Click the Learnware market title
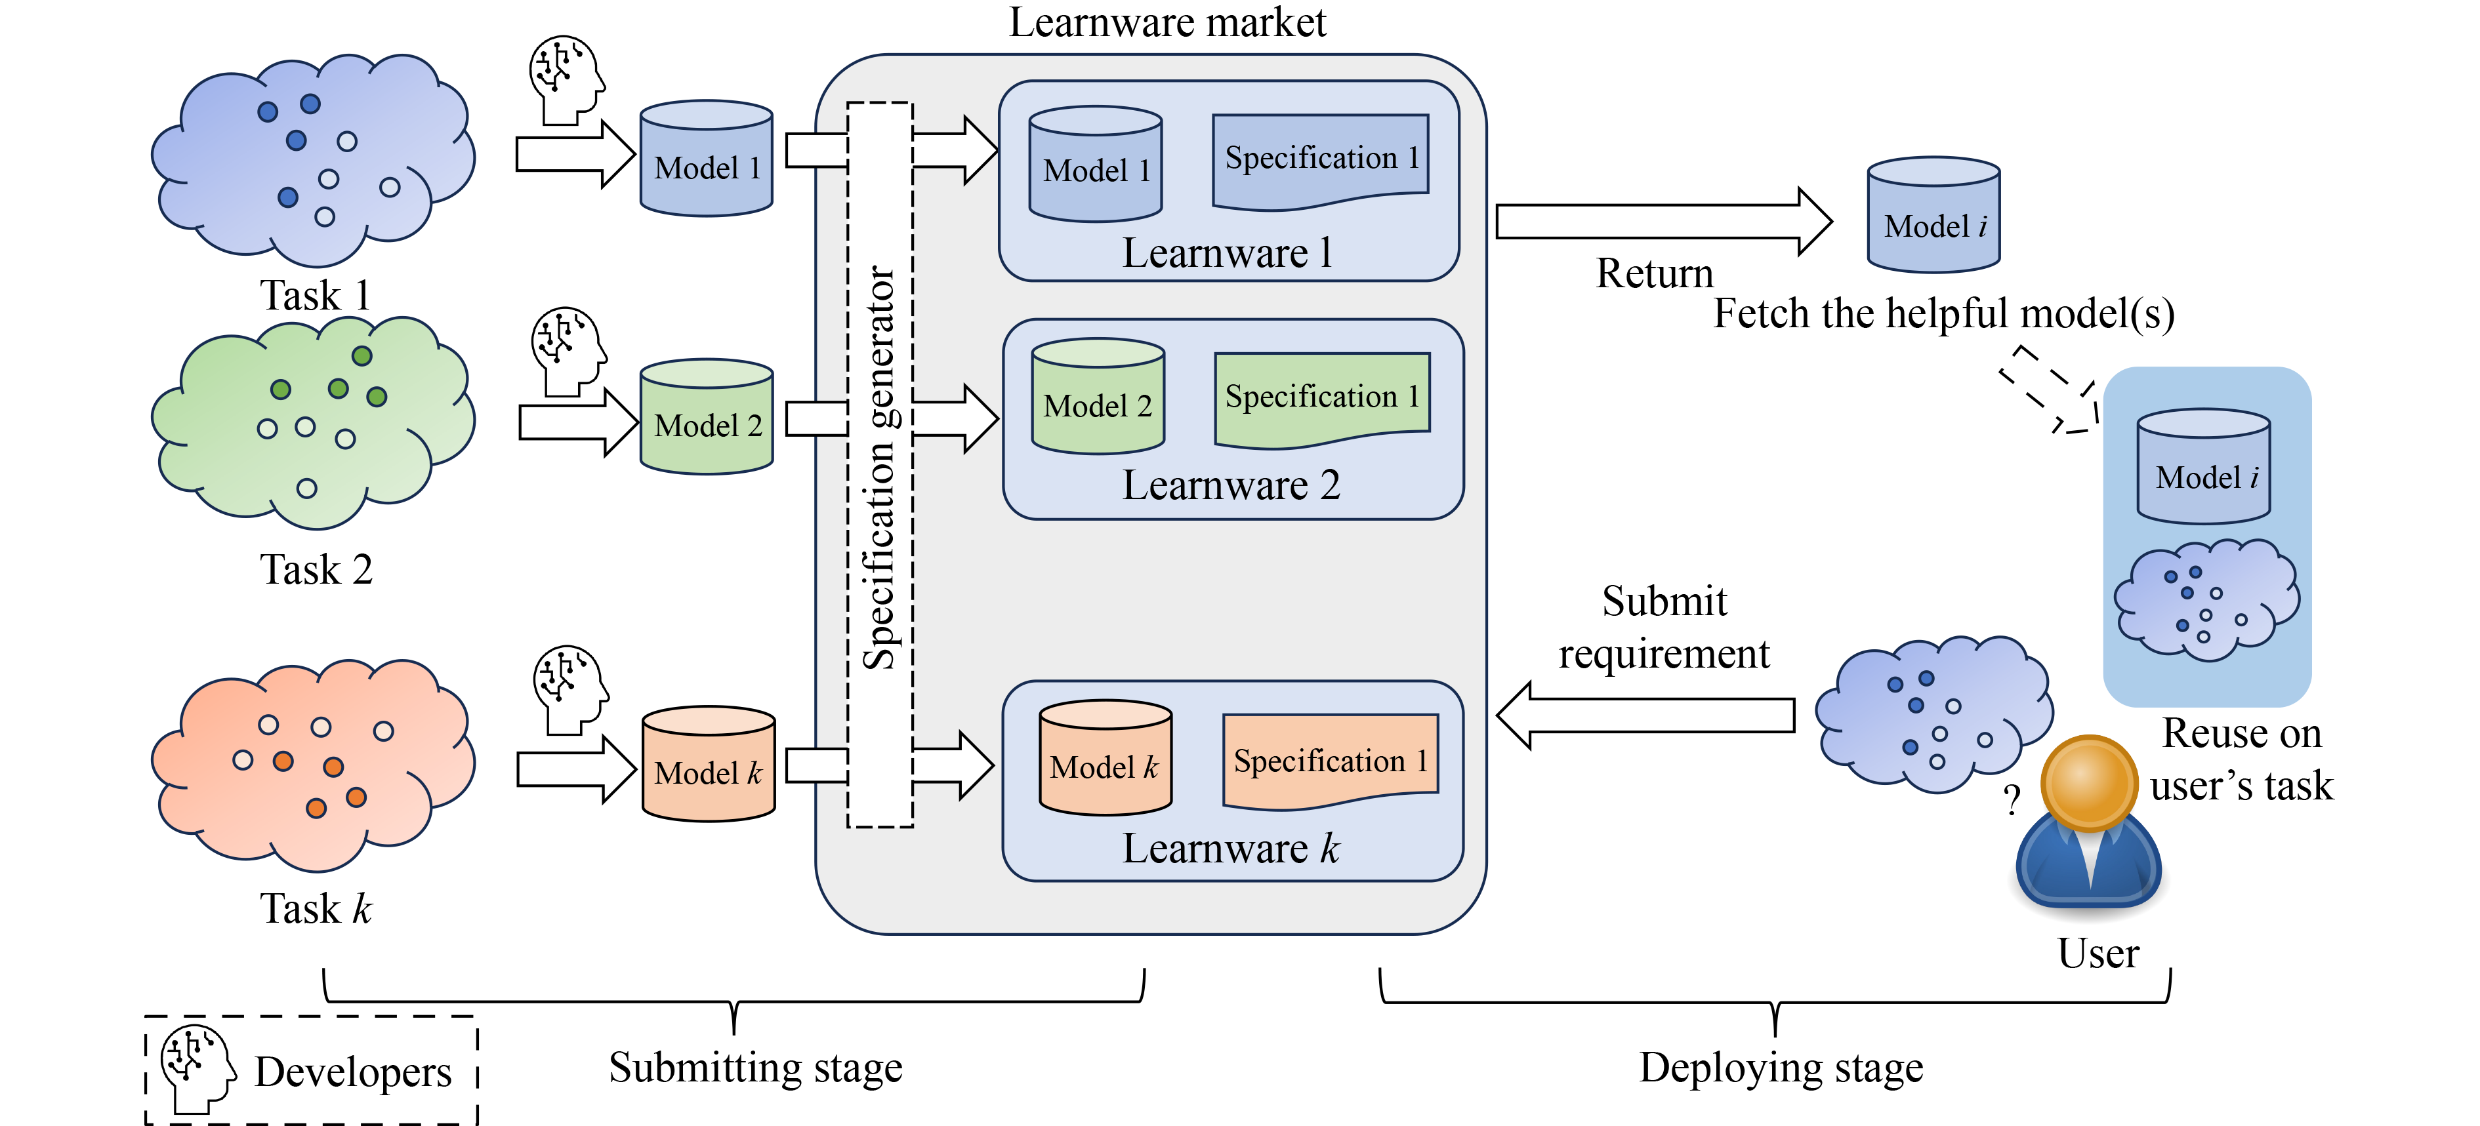1167,22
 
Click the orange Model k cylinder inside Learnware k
1106,758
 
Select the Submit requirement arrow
1646,715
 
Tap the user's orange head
2087,782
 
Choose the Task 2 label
316,570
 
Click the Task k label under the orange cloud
316,908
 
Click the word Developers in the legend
352,1072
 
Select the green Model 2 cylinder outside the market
707,418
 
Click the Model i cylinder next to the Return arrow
1933,216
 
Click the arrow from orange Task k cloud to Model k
576,769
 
